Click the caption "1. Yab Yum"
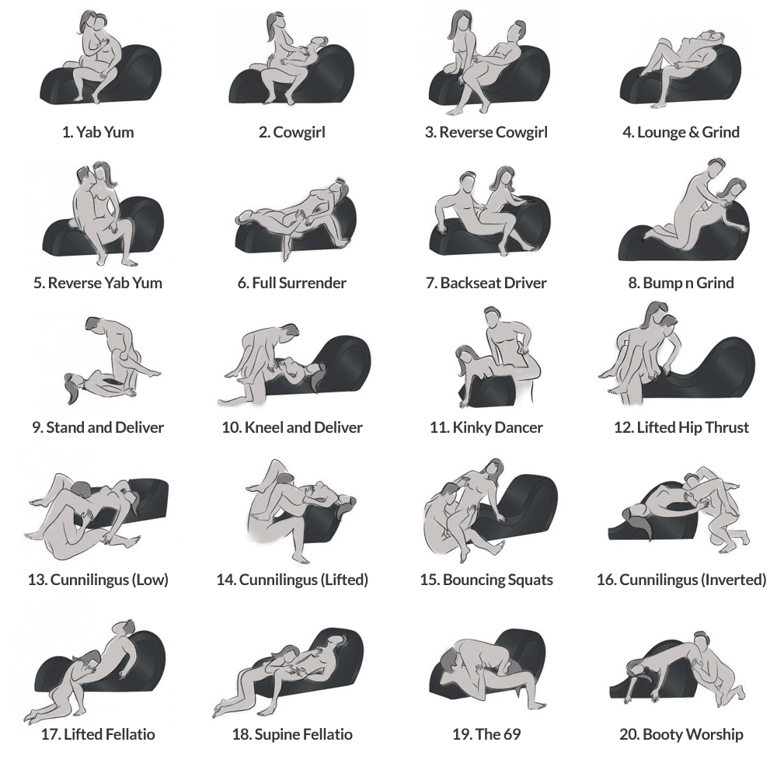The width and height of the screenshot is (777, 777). tap(98, 132)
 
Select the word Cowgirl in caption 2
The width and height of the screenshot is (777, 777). tap(299, 132)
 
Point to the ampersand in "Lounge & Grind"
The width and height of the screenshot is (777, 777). tap(694, 132)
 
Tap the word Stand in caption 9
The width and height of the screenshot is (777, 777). tap(65, 427)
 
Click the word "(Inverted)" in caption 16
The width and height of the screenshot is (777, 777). tap(734, 580)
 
